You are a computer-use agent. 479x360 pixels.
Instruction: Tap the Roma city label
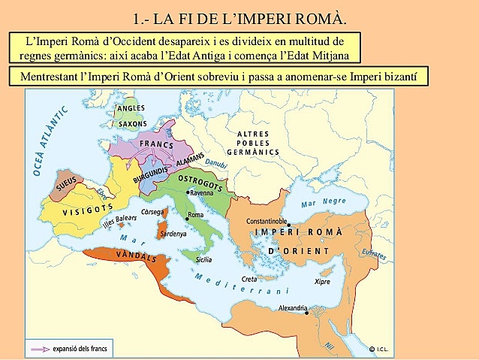pyautogui.click(x=196, y=216)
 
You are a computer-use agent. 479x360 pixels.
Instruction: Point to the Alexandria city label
pyautogui.click(x=293, y=309)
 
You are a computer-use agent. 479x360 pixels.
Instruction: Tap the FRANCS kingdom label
pyautogui.click(x=156, y=146)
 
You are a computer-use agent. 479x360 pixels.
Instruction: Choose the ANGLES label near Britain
pyautogui.click(x=131, y=108)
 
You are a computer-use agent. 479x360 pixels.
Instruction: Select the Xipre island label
pyautogui.click(x=322, y=281)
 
